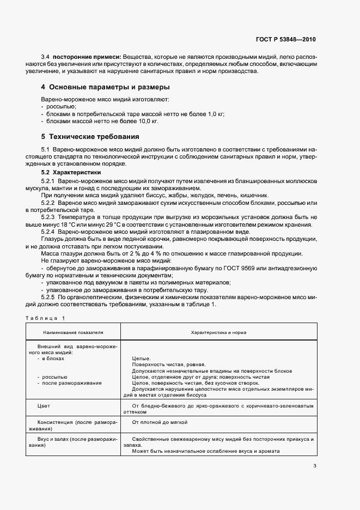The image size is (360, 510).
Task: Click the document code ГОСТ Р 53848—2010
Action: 285,39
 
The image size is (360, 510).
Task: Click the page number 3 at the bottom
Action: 315,465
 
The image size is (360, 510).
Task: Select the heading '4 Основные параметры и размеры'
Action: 105,87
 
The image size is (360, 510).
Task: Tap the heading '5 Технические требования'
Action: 90,136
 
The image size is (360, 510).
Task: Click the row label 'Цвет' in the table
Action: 44,406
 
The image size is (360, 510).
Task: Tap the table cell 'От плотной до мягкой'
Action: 157,422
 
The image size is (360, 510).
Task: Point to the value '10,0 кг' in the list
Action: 148,122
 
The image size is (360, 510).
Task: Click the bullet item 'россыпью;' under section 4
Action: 61,107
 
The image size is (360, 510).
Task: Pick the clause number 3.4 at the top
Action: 46,57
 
